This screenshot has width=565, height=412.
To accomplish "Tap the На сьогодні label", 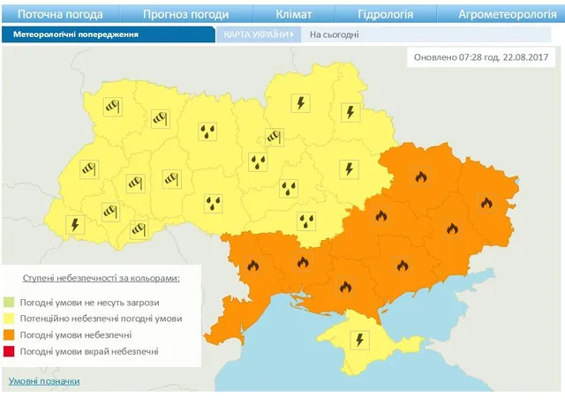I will point(331,34).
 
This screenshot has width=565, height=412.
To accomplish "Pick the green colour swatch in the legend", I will point(11,302).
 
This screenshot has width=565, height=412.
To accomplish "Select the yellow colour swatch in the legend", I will point(11,318).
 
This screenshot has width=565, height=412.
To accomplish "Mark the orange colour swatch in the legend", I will point(11,335).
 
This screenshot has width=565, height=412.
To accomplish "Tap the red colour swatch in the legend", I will point(11,352).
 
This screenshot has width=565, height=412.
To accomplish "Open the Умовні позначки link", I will point(44,381).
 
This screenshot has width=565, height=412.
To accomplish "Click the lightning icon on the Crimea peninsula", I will point(359,338).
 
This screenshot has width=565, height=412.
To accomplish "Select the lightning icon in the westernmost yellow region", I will point(75,224).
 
